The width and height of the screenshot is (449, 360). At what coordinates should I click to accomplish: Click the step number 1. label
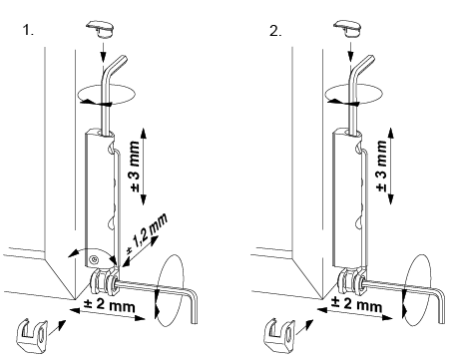point(28,30)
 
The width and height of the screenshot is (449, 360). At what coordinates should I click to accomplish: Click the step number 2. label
point(275,31)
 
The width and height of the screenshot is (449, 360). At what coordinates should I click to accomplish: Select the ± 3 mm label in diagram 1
point(135,167)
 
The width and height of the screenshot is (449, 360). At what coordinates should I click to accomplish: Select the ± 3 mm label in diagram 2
point(382,167)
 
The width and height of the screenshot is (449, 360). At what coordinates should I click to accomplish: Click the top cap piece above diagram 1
point(100,29)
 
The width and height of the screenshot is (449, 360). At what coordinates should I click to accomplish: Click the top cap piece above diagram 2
point(347,29)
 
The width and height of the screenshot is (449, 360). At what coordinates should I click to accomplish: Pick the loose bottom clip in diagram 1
point(32,335)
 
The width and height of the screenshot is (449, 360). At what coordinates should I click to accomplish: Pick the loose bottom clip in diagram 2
point(279,335)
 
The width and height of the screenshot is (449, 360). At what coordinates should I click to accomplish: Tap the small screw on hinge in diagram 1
point(94,259)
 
